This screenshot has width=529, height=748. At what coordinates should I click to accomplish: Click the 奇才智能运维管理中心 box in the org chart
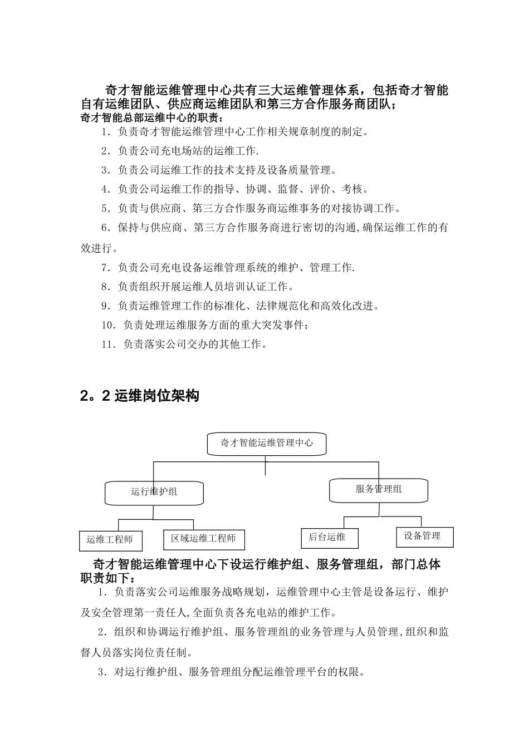point(266,444)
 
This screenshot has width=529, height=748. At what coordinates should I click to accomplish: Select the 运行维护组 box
point(154,492)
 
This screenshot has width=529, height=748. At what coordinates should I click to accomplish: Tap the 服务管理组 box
point(379,490)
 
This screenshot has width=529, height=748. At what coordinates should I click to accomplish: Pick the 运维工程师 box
point(110,540)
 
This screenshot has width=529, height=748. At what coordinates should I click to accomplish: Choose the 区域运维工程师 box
point(204,539)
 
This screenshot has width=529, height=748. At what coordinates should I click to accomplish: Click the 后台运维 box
point(329,538)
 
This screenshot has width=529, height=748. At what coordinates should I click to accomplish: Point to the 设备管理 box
point(424,537)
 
